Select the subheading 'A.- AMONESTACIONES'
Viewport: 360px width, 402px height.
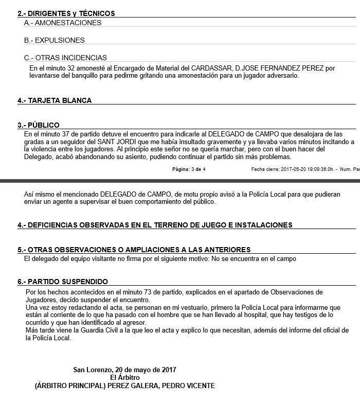[x=63, y=23]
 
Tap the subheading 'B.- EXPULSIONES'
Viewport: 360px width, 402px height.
[x=55, y=40]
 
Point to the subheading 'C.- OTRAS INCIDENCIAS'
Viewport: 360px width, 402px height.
[x=65, y=58]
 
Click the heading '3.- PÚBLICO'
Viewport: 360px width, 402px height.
[x=39, y=125]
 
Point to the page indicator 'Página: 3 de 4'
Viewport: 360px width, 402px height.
[x=189, y=169]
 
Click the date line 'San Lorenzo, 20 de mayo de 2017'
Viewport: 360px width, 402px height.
[x=124, y=370]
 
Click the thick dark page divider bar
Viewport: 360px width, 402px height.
[x=180, y=181]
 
